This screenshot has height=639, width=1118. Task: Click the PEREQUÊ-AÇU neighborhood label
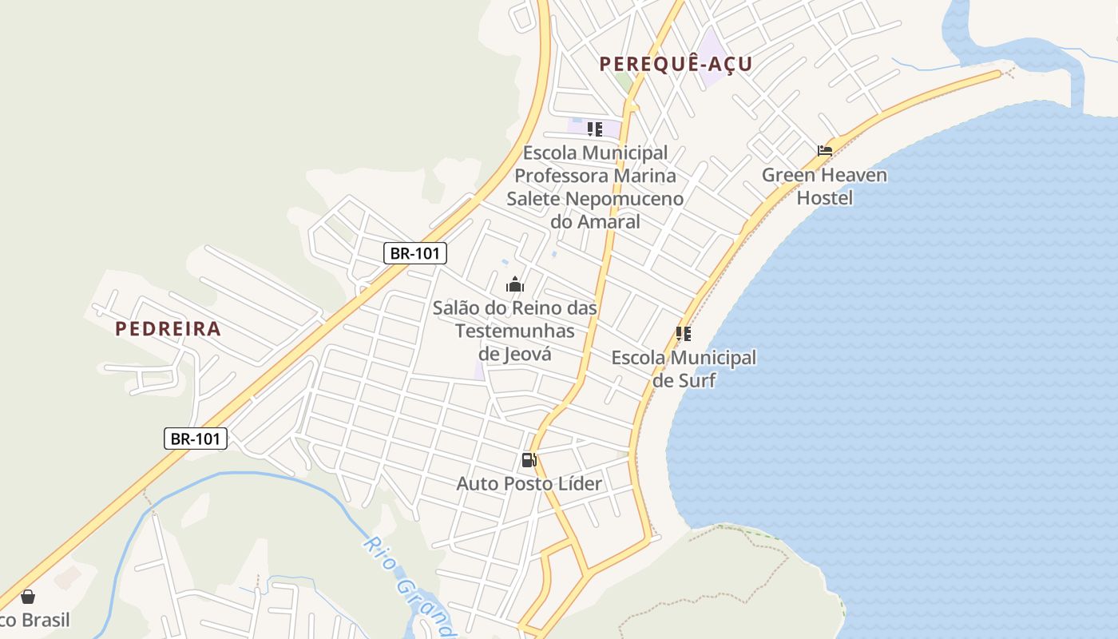(x=676, y=64)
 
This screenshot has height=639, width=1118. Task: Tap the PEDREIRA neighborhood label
(x=168, y=328)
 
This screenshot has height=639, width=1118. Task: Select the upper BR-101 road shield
(x=415, y=254)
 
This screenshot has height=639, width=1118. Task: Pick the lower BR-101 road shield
(x=196, y=439)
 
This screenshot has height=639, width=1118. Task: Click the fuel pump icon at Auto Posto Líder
(x=529, y=460)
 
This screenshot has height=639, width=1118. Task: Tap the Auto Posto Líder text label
(x=529, y=483)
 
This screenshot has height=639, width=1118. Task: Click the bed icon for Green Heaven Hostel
(x=825, y=150)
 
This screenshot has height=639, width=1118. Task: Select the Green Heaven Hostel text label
(x=824, y=186)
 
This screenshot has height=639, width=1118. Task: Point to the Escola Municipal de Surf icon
(x=683, y=334)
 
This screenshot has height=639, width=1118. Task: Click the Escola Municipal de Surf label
(x=684, y=368)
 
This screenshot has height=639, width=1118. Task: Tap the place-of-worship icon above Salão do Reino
(x=515, y=284)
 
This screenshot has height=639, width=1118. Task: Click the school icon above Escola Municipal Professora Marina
(x=594, y=129)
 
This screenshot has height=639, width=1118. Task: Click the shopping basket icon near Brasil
(x=28, y=597)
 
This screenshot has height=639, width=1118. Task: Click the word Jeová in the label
(x=527, y=353)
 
